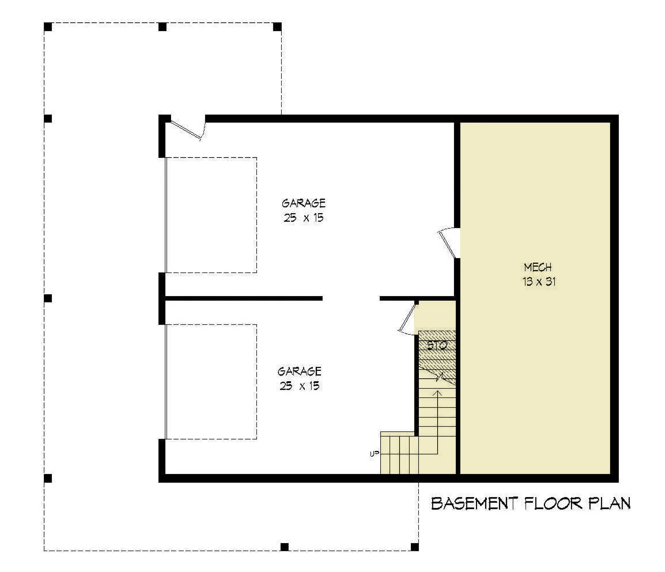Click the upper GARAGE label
pos(304,203)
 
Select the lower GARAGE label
pos(299,371)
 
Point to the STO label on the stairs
pos(437,346)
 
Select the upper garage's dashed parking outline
pos(211,215)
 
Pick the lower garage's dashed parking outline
pos(211,382)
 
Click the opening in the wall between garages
pos(351,298)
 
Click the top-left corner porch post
pos(48,27)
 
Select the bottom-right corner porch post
pos(415,547)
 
